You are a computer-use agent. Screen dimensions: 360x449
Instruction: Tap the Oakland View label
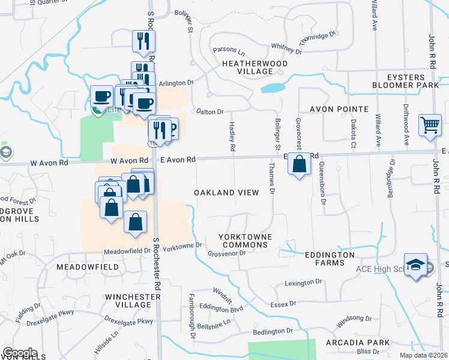coord(226,193)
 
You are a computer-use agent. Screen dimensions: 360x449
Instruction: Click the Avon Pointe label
coord(339,109)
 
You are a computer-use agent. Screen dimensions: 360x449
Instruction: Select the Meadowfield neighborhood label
coord(85,265)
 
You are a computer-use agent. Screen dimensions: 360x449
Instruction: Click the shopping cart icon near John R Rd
coord(430,126)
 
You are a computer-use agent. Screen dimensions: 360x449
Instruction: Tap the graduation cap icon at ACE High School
coord(415,265)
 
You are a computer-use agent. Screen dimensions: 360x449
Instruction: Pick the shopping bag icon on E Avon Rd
coord(299,163)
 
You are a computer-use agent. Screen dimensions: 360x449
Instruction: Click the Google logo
coord(20,353)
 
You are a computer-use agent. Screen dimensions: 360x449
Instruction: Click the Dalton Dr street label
coord(210,112)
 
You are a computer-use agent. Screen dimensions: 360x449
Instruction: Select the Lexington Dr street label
coord(304,282)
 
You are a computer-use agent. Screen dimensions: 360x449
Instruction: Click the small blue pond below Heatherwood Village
coord(273,88)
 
